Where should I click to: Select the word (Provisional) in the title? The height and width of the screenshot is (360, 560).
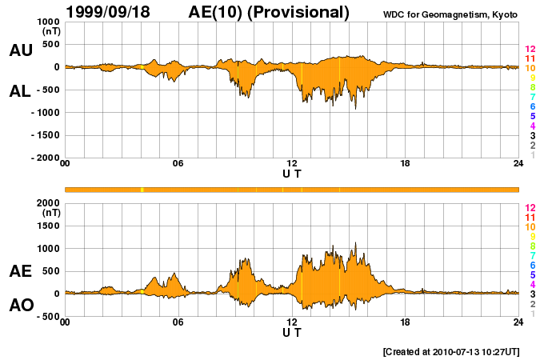298,12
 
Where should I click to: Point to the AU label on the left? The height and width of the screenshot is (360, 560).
21,50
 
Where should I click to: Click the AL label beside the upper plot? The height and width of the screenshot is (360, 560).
21,91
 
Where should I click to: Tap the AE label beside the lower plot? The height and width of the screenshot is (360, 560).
21,271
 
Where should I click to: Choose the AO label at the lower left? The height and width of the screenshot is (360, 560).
21,306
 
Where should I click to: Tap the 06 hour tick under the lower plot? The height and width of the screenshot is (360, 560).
178,322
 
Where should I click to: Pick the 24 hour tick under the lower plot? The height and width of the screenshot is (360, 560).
518,322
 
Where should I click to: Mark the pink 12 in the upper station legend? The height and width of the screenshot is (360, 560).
530,50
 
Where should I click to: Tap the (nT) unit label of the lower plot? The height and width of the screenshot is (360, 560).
50,213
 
